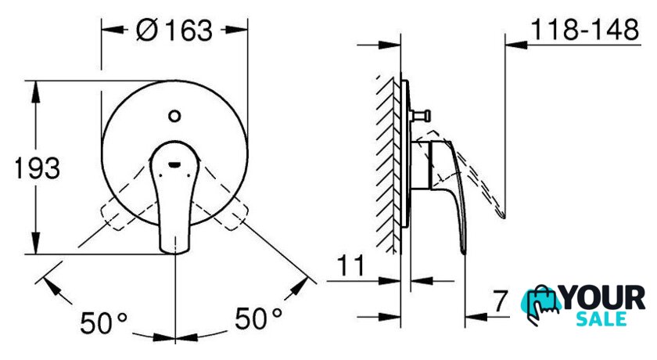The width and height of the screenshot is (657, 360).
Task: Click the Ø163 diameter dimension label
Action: tap(174, 31)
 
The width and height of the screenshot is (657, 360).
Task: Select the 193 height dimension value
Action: tap(38, 168)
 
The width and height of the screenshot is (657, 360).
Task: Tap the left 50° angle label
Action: tap(103, 323)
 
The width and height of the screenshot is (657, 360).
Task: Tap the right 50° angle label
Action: tap(258, 318)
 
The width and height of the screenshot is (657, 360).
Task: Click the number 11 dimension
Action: tap(351, 265)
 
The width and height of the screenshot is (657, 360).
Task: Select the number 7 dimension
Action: tap(500, 301)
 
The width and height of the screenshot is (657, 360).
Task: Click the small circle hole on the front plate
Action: tap(174, 116)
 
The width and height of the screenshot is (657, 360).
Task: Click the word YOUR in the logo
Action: tap(603, 298)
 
